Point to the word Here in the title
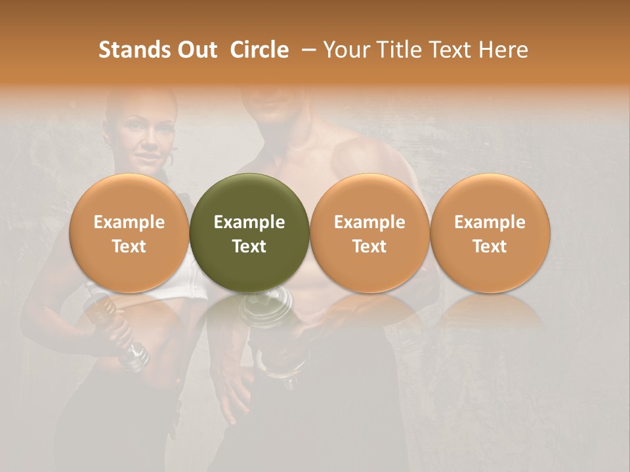tap(503, 50)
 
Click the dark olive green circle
tap(249, 233)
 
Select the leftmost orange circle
tap(129, 233)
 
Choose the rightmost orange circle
tap(490, 233)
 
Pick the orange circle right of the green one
tap(369, 233)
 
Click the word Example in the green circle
tap(249, 222)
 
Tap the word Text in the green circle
tap(249, 246)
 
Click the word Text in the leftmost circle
tap(129, 246)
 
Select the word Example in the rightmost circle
tap(490, 222)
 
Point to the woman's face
tap(144, 134)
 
